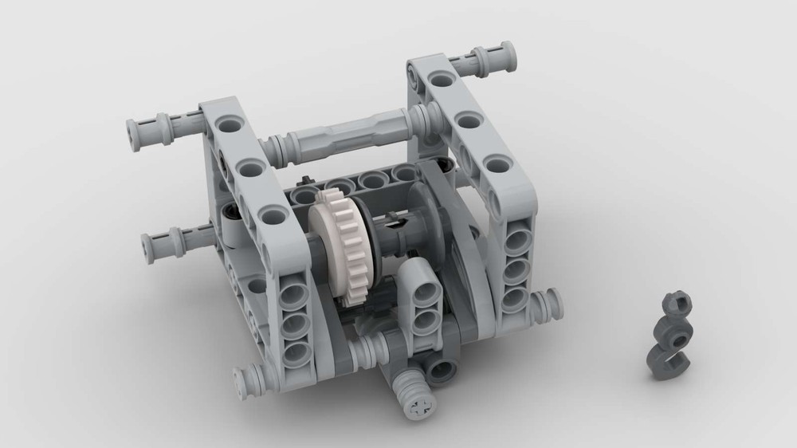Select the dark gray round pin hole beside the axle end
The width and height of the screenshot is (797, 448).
click(441, 367)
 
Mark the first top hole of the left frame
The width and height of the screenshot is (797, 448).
click(229, 125)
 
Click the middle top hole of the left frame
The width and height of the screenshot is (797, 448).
click(251, 167)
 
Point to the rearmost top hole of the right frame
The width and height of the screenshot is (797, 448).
click(439, 80)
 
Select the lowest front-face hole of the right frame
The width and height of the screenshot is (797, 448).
click(514, 298)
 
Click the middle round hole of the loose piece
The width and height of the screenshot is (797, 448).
click(668, 328)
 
